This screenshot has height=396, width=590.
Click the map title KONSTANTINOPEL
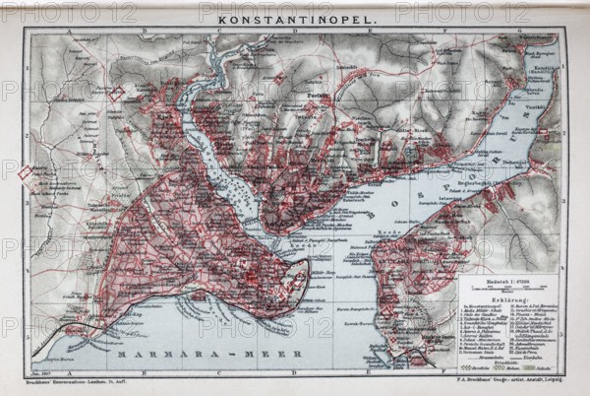click(292, 18)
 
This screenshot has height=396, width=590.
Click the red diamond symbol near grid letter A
click(116, 95)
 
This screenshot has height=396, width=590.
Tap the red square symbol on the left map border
click(25, 173)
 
